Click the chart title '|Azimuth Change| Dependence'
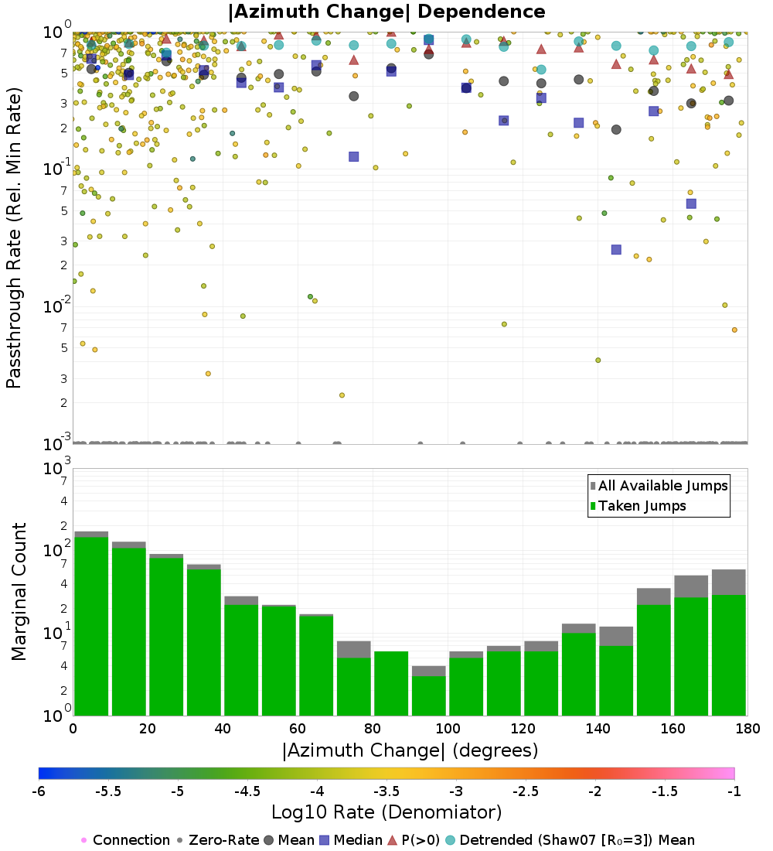[386, 12]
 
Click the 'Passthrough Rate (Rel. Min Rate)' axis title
[14, 238]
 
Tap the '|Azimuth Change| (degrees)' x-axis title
[410, 750]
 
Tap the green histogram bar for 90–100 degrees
[428, 695]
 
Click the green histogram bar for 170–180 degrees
[728, 655]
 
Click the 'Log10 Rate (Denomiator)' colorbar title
[386, 812]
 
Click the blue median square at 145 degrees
[616, 249]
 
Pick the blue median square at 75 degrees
[353, 156]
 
